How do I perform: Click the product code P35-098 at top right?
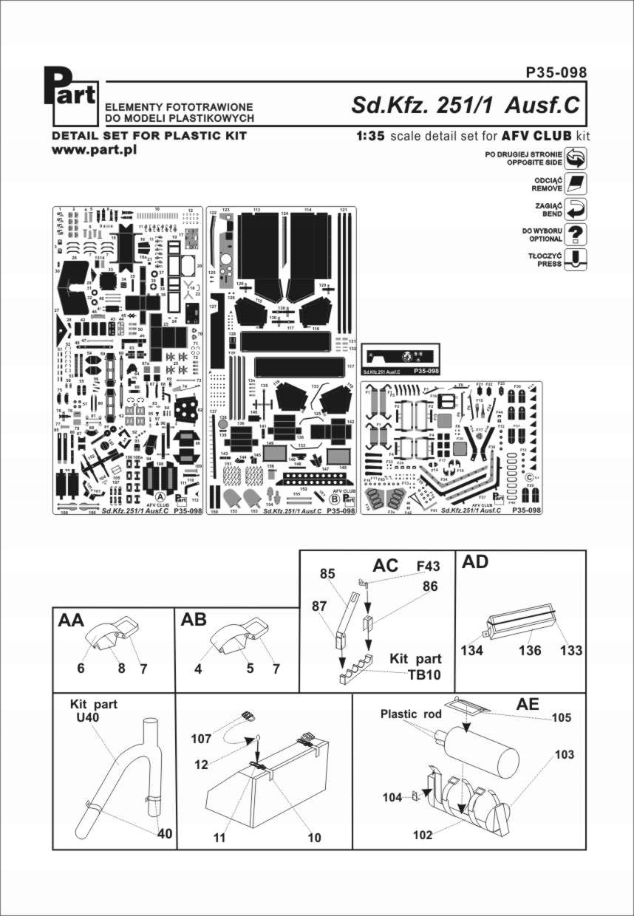tap(556, 72)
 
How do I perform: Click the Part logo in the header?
tap(71, 95)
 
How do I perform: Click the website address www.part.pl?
tap(94, 150)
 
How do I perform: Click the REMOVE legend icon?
tap(576, 184)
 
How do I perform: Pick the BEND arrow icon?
tap(576, 209)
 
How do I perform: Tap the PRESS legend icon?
tap(576, 259)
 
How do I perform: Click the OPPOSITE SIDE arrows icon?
tap(576, 157)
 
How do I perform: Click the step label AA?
tap(72, 621)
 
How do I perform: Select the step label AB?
tap(194, 621)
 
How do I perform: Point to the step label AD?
tap(476, 562)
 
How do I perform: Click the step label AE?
tap(528, 705)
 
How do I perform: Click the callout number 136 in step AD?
tap(531, 651)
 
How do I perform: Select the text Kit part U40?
tap(93, 711)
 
